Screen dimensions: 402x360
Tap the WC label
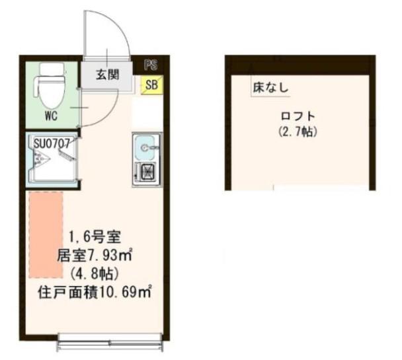tap(52, 116)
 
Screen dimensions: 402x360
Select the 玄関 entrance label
tap(108, 75)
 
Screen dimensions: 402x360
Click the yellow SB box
tap(152, 85)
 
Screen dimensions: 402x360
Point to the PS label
tap(151, 65)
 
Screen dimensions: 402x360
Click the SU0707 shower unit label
tap(52, 143)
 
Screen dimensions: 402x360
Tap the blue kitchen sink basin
tap(145, 147)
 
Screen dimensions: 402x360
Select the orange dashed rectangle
tap(46, 234)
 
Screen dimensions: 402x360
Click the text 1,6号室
tap(95, 237)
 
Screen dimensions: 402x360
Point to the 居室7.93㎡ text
tap(95, 255)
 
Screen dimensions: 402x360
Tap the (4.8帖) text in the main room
tap(95, 274)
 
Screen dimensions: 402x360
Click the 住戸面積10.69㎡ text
tap(95, 292)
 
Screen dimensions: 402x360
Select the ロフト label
tap(298, 116)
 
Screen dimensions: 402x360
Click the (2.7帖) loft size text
tap(298, 132)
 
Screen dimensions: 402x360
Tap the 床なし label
tap(270, 88)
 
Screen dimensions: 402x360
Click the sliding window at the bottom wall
tap(110, 342)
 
